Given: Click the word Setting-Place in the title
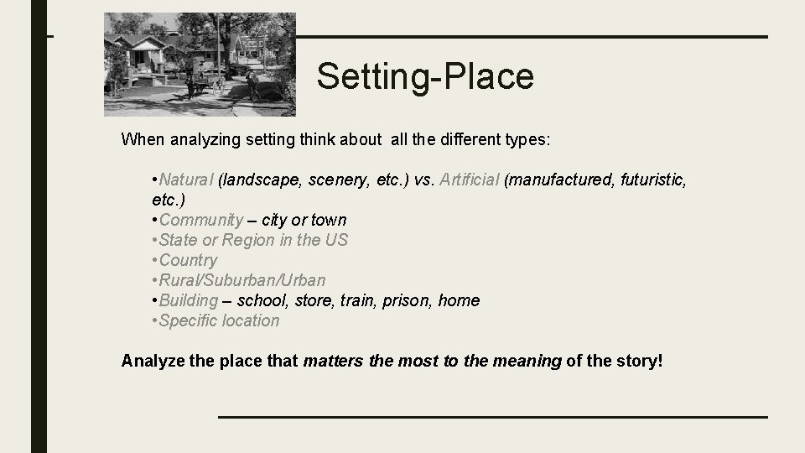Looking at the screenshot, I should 425,77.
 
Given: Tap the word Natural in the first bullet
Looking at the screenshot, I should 186,180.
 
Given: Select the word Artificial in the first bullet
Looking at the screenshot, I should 470,180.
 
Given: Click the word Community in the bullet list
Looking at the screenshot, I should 201,220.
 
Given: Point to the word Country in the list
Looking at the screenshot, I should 188,260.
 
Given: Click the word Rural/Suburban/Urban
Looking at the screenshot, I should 242,280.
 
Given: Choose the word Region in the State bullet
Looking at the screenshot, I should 249,240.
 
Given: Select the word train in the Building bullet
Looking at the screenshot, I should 361,300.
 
